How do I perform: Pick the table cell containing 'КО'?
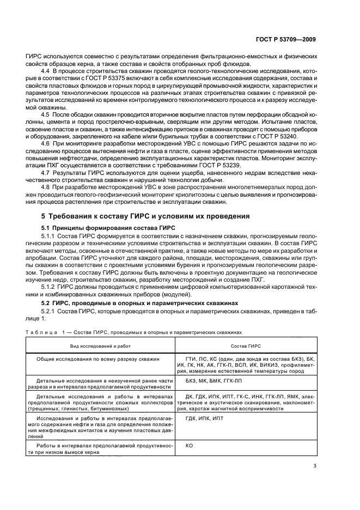click(x=190, y=445)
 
